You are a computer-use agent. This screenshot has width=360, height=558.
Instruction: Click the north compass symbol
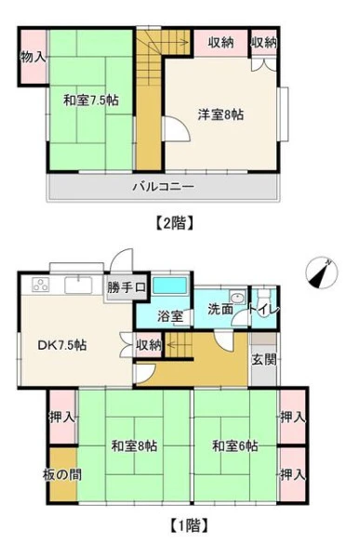321,272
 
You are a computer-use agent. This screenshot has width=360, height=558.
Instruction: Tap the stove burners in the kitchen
40,284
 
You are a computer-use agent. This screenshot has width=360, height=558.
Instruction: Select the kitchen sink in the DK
79,285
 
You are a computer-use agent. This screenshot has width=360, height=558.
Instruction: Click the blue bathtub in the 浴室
169,286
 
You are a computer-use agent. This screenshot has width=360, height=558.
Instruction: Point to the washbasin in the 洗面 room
237,297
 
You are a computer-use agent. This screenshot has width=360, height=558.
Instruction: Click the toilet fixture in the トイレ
264,296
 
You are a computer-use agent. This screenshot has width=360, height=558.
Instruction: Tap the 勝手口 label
127,287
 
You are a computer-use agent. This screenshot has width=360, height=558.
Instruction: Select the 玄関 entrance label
264,359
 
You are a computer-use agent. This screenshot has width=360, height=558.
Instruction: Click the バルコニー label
164,186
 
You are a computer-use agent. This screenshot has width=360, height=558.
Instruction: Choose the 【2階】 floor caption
175,223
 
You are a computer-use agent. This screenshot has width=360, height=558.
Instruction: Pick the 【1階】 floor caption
189,525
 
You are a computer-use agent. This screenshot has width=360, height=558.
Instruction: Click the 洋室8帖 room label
220,114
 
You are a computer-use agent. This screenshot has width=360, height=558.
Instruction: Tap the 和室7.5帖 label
91,100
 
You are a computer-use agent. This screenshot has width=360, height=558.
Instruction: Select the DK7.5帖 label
62,345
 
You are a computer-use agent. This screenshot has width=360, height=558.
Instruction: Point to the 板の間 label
62,474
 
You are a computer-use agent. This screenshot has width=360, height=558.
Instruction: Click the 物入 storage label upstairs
33,57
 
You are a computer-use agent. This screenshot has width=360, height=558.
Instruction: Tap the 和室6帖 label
235,445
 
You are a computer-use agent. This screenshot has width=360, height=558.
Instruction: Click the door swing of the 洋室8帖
176,129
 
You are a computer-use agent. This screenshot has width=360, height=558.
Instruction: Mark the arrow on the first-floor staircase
176,344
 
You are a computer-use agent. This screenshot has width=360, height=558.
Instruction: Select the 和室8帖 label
134,445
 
